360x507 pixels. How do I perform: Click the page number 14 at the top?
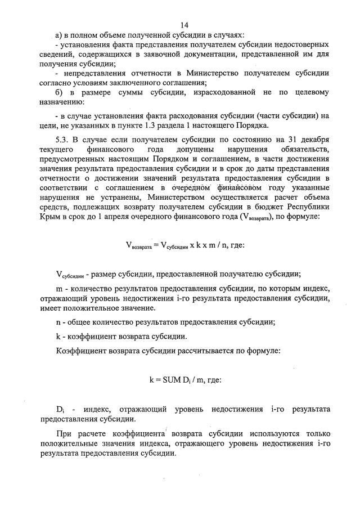coord(184,25)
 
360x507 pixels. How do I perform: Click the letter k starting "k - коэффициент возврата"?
coord(58,336)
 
